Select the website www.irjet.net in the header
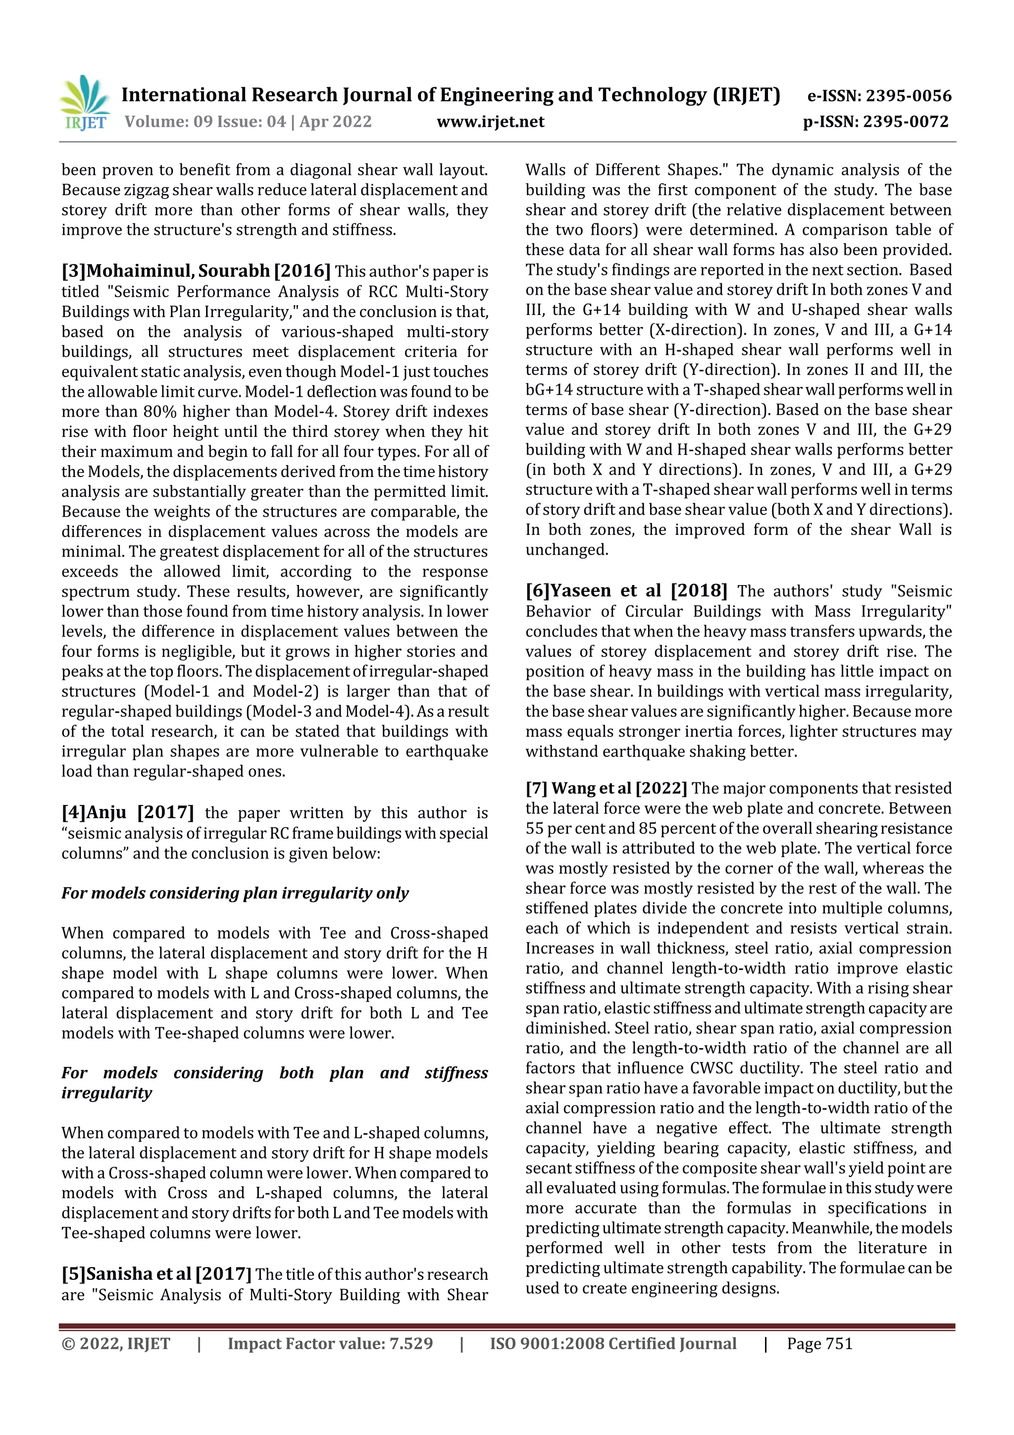point(491,122)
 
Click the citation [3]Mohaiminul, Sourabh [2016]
point(196,271)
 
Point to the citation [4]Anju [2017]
point(127,812)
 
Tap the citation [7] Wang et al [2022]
point(606,789)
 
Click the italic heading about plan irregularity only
point(235,893)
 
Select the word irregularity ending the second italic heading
point(106,1093)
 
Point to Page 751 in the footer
point(820,1344)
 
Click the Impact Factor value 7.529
point(330,1344)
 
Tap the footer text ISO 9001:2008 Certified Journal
point(613,1344)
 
